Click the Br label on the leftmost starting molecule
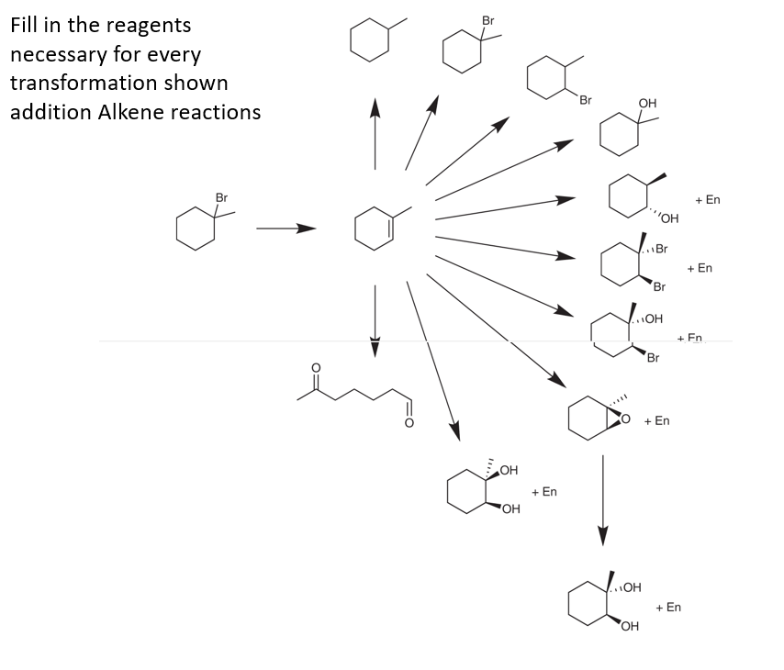click(221, 197)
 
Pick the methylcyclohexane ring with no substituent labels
click(368, 41)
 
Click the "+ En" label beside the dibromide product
click(700, 268)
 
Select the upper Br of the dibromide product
click(661, 249)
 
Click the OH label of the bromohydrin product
click(653, 318)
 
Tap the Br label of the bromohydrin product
click(653, 357)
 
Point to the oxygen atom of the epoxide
click(627, 419)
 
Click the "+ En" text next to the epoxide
click(656, 420)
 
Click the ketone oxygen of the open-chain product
click(317, 369)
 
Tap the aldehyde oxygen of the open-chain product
click(409, 423)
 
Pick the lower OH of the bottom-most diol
click(629, 627)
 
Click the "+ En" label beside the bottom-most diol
click(668, 608)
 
